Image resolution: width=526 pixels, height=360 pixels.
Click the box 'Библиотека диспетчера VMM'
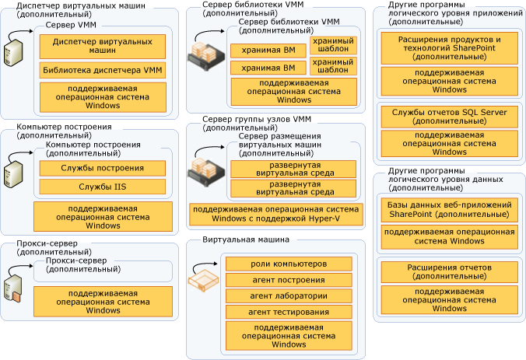pos(102,71)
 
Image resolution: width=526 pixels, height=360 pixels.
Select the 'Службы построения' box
pos(102,169)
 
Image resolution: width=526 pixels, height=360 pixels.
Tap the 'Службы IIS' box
pos(102,187)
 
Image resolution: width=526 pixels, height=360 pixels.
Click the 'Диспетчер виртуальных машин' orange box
pos(102,47)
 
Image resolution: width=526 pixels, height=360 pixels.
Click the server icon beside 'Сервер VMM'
pos(15,52)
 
